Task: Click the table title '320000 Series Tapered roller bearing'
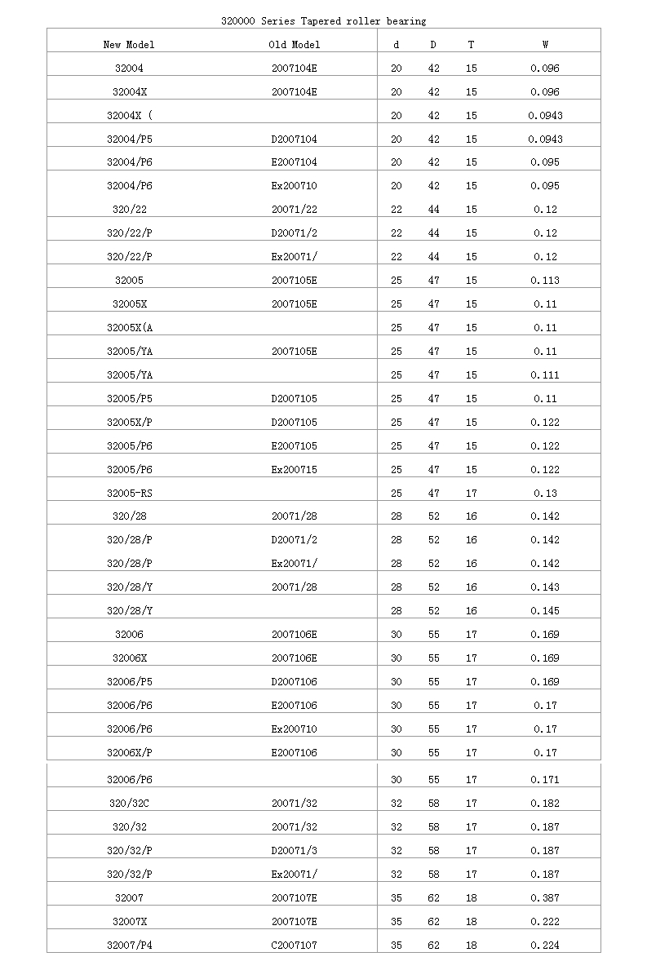pyautogui.click(x=323, y=20)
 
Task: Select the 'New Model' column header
pyautogui.click(x=129, y=45)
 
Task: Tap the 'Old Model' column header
pyautogui.click(x=295, y=45)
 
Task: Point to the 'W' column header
pyautogui.click(x=545, y=45)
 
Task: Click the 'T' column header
pyautogui.click(x=471, y=45)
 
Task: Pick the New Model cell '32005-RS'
pyautogui.click(x=130, y=493)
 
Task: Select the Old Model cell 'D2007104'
pyautogui.click(x=295, y=139)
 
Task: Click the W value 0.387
pyautogui.click(x=545, y=898)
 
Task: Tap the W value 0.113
pyautogui.click(x=545, y=281)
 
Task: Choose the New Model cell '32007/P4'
pyautogui.click(x=129, y=946)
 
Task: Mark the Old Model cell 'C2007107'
pyautogui.click(x=295, y=946)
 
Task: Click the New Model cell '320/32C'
pyautogui.click(x=129, y=804)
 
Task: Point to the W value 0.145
pyautogui.click(x=545, y=611)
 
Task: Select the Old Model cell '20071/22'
pyautogui.click(x=295, y=210)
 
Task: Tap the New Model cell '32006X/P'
pyautogui.click(x=129, y=753)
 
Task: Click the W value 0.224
pyautogui.click(x=545, y=946)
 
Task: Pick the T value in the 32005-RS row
pyautogui.click(x=471, y=493)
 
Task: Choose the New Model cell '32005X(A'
pyautogui.click(x=129, y=328)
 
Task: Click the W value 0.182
pyautogui.click(x=545, y=804)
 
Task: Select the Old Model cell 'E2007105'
pyautogui.click(x=295, y=446)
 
